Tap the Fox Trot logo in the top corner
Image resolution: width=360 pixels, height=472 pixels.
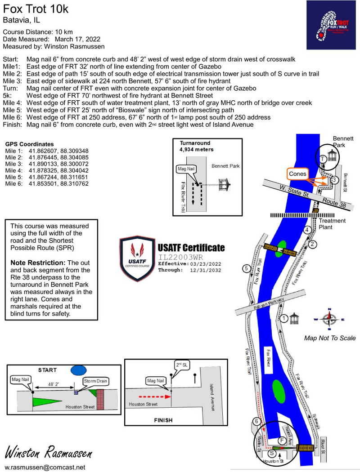click(331, 25)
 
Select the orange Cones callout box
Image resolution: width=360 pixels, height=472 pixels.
click(298, 174)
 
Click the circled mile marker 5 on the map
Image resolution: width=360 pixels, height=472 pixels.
click(246, 269)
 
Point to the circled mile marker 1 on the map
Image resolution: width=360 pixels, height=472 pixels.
click(284, 318)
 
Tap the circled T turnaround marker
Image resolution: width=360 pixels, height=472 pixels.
click(323, 159)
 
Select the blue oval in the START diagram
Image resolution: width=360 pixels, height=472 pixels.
click(79, 370)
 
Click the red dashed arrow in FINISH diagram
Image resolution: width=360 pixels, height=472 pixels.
click(153, 397)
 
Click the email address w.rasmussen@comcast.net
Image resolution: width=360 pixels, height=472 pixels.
click(45, 467)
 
